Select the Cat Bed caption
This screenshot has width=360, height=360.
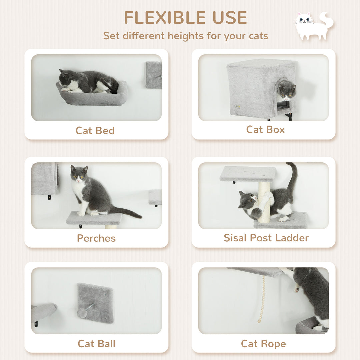tap(95, 130)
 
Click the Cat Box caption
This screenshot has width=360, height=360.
tap(265, 129)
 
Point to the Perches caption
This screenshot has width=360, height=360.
tap(96, 238)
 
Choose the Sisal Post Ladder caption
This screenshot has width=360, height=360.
tap(266, 238)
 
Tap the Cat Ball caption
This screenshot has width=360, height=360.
tap(96, 343)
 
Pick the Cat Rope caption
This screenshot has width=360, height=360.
tap(263, 343)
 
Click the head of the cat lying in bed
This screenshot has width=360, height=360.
tap(65, 79)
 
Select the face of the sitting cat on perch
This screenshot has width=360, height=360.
tap(79, 175)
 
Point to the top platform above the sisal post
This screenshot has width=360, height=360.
tap(248, 174)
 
